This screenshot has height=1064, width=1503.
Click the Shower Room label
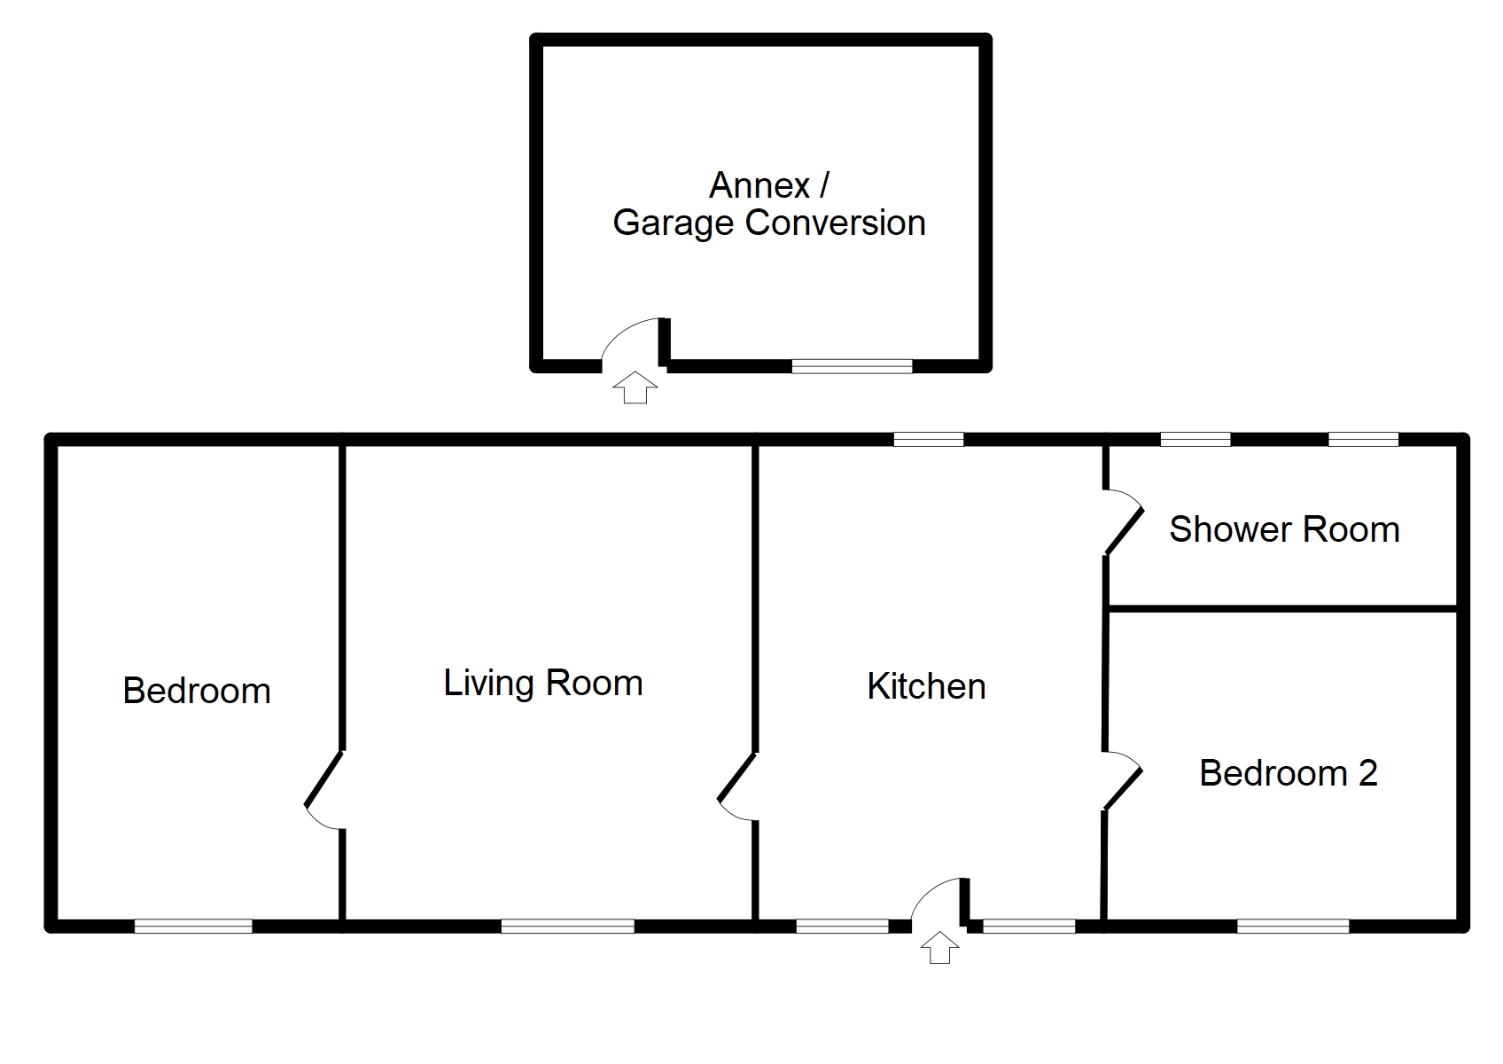(x=1284, y=529)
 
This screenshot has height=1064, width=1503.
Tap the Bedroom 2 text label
(x=1288, y=773)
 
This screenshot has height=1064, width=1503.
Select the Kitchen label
(x=926, y=686)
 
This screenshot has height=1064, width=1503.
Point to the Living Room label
(x=542, y=683)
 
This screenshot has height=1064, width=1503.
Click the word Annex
(x=759, y=185)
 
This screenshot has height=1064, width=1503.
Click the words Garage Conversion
(x=769, y=223)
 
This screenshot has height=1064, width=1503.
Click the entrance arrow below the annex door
(x=635, y=387)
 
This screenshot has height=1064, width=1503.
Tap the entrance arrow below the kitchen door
(x=939, y=947)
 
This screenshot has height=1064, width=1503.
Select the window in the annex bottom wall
(x=852, y=365)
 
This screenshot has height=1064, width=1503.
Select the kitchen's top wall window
(x=928, y=438)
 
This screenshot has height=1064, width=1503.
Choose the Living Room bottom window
(x=567, y=926)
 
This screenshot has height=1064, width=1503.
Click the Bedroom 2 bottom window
(x=1293, y=926)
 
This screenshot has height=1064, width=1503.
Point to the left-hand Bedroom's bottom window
(x=193, y=926)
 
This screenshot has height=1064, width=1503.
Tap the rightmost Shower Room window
(x=1363, y=438)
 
